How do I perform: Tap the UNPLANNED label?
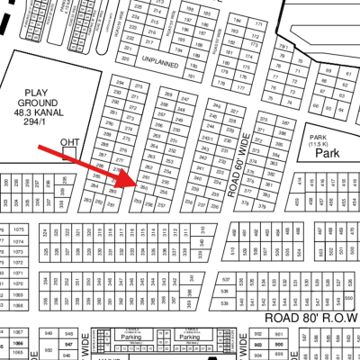coord(162,65)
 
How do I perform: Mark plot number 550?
coord(349,296)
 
